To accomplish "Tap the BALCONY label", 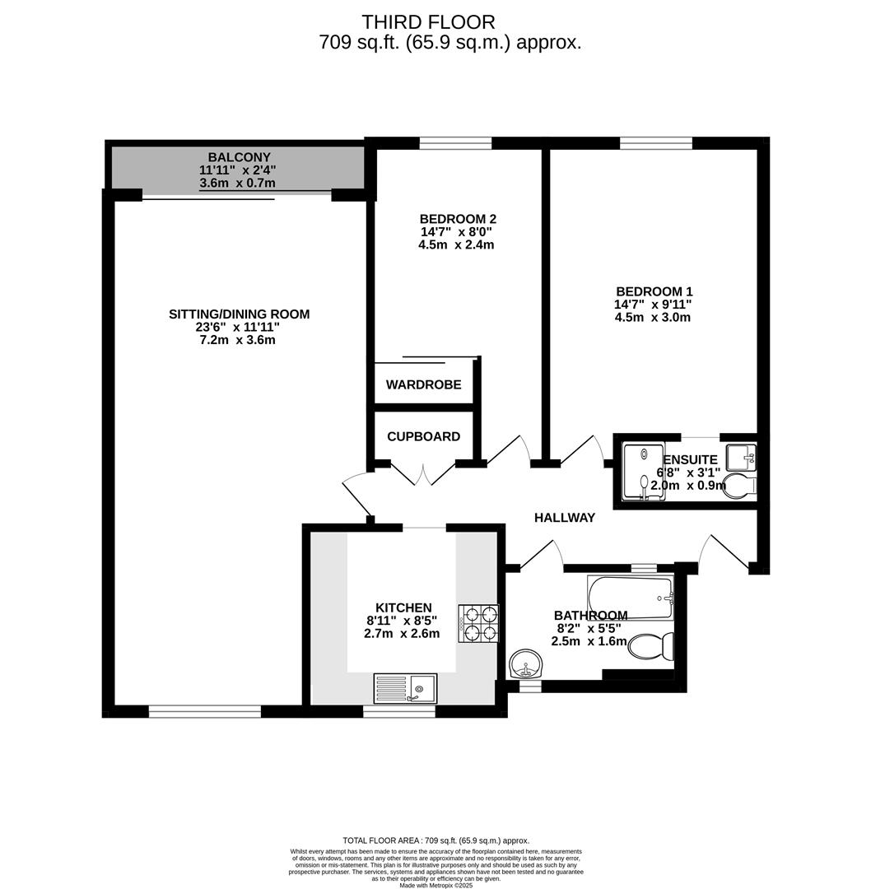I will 239,157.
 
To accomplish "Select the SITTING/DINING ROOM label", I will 239,314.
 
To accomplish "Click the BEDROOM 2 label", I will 458,219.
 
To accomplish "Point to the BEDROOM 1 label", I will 654,291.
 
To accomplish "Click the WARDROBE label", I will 423,385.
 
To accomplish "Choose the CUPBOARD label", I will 423,437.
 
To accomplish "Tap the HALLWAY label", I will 564,518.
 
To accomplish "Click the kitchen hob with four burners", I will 478,622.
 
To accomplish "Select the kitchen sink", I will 407,687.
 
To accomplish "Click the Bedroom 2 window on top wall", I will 455,143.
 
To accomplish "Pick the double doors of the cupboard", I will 423,474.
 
